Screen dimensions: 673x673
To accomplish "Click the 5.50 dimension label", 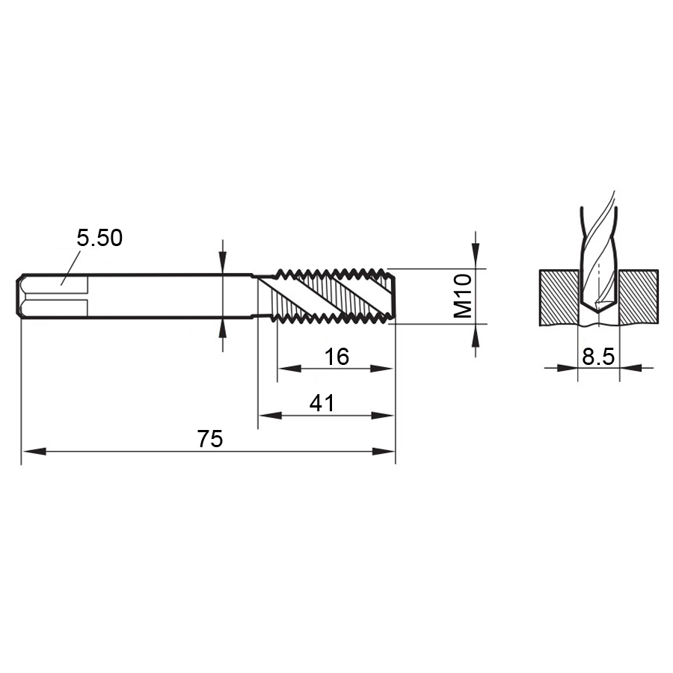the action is tap(99, 238).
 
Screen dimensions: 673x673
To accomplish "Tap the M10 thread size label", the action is tap(463, 296).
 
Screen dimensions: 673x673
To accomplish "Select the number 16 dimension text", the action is tap(336, 357).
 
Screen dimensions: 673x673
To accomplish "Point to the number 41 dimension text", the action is tap(322, 404).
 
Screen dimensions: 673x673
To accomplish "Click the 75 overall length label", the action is tap(210, 439).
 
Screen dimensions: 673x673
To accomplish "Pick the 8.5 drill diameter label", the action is tap(598, 356).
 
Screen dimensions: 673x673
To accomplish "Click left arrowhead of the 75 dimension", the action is tap(34, 451).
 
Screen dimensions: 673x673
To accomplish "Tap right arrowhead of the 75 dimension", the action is tap(383, 451).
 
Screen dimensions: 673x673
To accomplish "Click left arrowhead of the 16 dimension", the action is tap(289, 368).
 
